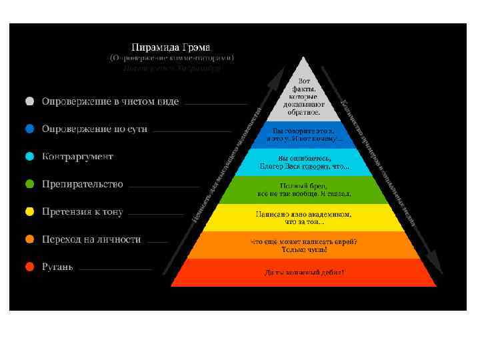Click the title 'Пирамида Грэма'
coord(171,47)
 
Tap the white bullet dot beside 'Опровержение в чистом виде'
coord(29,102)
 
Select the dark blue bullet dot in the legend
coord(29,129)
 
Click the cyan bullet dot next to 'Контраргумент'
coord(29,157)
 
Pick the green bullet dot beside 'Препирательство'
coord(29,184)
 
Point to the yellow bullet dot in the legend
coord(29,212)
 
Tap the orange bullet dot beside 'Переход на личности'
coord(29,239)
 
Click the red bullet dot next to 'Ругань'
coord(29,267)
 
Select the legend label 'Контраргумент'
coord(77,157)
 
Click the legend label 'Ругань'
coord(58,267)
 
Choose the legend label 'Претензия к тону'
coord(83,212)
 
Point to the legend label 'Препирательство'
coord(83,184)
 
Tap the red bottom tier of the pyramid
coord(304,273)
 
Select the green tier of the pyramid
coord(304,189)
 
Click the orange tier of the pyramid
coord(304,245)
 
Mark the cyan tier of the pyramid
coord(304,162)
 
